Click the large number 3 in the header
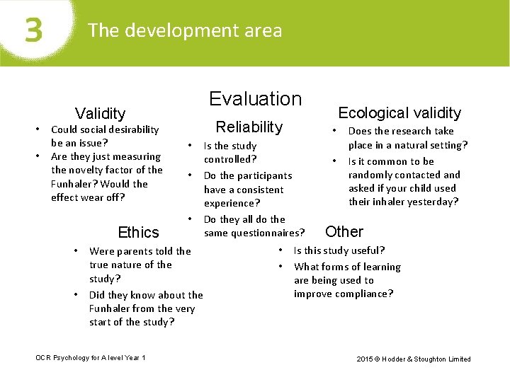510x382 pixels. tap(33, 30)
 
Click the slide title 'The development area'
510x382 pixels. tap(184, 30)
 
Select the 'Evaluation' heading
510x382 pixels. tap(255, 99)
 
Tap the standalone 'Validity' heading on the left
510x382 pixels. tap(100, 113)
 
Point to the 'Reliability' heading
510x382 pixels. tap(249, 127)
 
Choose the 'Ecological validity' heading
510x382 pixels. tap(399, 112)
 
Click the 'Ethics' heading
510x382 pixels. tap(139, 232)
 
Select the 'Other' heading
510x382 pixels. tap(344, 231)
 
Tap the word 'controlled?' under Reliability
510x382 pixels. tap(230, 159)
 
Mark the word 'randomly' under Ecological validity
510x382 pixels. tap(372, 175)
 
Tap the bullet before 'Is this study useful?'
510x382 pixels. tap(281, 250)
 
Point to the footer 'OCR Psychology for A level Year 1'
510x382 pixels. tap(91, 358)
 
